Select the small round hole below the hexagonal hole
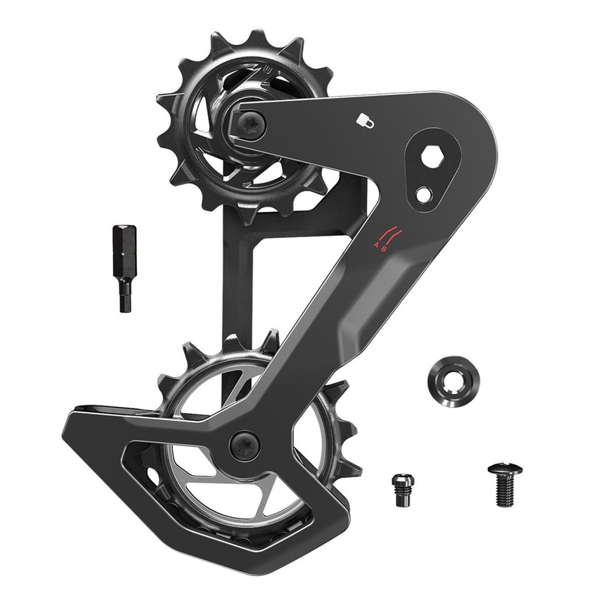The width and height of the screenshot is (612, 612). pyautogui.click(x=423, y=194)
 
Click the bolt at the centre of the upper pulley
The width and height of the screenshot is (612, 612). pyautogui.click(x=249, y=122)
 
